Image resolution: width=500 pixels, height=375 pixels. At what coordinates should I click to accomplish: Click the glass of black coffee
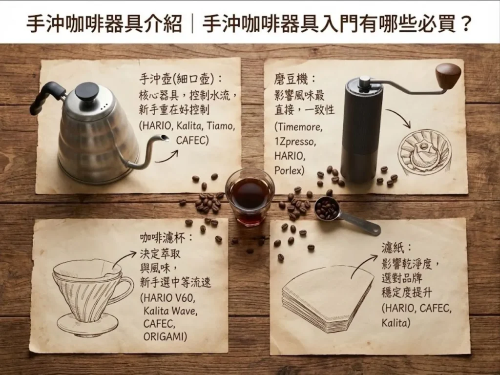tap(250, 196)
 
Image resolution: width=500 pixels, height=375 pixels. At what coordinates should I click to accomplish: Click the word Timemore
tap(299, 127)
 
